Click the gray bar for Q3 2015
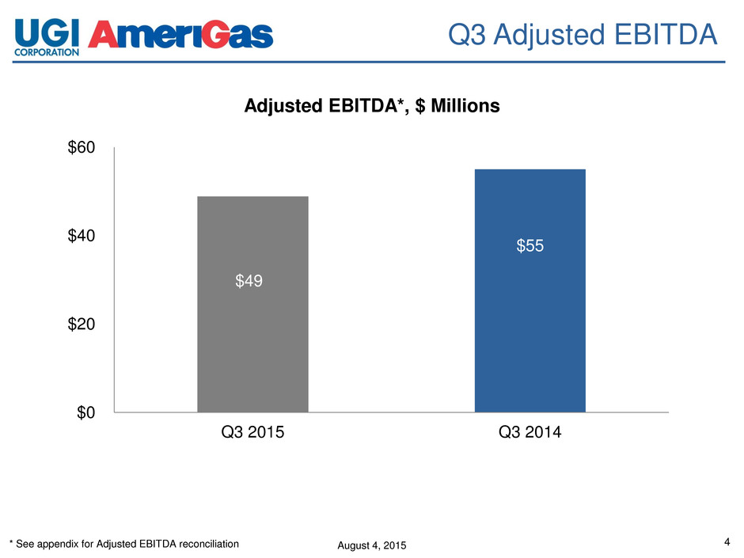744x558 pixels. click(x=252, y=332)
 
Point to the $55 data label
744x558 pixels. click(x=530, y=247)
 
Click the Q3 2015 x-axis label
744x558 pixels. click(x=252, y=435)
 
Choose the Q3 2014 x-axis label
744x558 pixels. click(x=530, y=435)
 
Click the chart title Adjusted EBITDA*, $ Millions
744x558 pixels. click(x=372, y=106)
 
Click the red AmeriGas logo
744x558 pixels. click(x=184, y=35)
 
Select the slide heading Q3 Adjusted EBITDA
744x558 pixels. click(x=583, y=34)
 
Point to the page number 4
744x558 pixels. click(x=727, y=542)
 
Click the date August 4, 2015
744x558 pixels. click(x=366, y=545)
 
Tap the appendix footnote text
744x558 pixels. click(x=123, y=544)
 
